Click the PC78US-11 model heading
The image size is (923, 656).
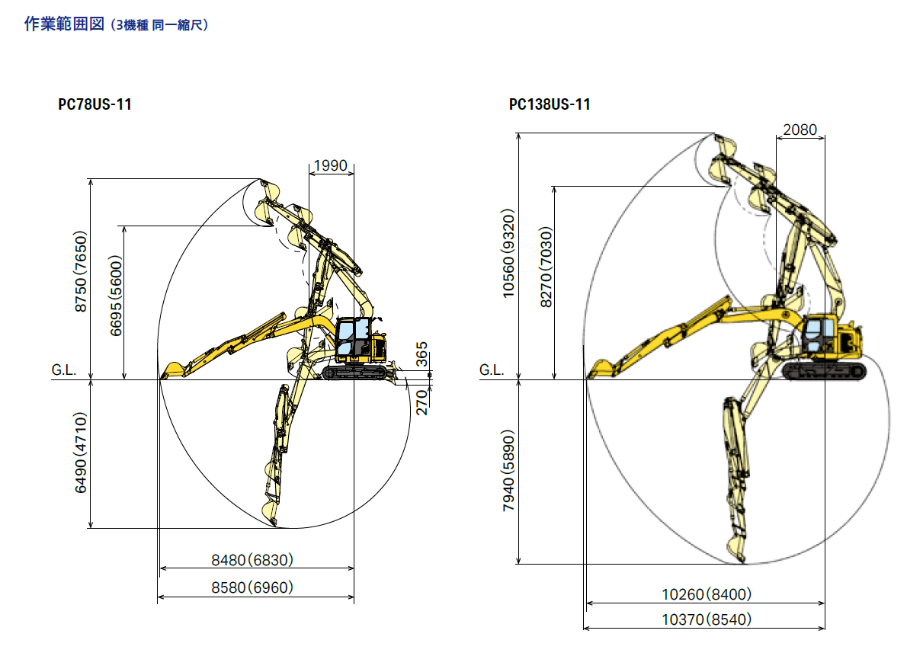[95, 104]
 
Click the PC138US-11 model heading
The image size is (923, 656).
[550, 104]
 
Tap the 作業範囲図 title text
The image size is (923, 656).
[64, 24]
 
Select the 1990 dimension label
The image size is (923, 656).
[331, 165]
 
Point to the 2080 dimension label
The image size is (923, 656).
[800, 130]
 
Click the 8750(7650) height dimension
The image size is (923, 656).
[81, 271]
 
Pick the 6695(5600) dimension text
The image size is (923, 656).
[116, 296]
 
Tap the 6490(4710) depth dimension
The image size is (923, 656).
[81, 453]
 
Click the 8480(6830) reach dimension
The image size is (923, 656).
[252, 560]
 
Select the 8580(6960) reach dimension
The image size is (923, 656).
[252, 587]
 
